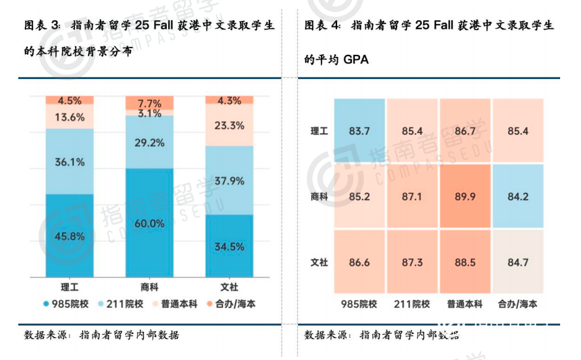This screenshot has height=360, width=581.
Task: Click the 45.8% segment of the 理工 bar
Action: [69, 235]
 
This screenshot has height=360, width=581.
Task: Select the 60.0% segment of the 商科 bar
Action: [149, 223]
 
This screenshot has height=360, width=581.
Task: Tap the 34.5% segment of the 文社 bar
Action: [230, 246]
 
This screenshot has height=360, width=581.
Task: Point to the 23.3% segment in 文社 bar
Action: [230, 125]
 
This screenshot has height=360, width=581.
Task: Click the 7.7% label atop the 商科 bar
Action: [149, 103]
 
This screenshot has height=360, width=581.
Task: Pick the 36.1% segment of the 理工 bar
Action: [69, 162]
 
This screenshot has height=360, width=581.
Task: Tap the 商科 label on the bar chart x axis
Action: [149, 286]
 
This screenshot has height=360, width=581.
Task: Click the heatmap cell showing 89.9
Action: [465, 195]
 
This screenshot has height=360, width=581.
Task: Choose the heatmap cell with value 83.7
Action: [359, 131]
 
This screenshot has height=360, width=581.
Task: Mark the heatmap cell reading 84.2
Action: [518, 195]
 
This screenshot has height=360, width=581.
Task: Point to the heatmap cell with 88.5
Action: [465, 262]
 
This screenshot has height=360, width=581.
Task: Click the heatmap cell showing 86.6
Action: [359, 262]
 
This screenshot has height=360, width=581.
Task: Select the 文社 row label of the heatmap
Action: [319, 262]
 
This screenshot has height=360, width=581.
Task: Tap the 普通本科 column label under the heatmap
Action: [465, 304]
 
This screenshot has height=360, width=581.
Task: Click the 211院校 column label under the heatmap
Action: [412, 304]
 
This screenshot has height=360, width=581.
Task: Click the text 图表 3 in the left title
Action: [40, 26]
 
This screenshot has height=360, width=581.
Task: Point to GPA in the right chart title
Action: [356, 60]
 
